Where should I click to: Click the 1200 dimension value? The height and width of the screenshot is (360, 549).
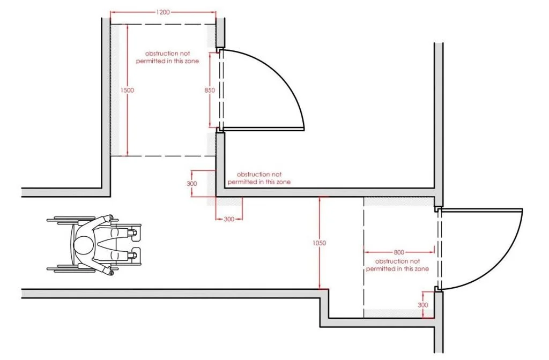[x=163, y=12]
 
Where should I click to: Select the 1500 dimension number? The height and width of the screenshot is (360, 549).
[x=127, y=90]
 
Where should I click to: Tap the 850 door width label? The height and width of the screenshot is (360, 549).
[x=210, y=90]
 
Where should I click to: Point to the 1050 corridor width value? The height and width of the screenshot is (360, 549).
[x=320, y=243]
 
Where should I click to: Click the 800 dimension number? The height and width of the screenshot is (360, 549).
[x=399, y=252]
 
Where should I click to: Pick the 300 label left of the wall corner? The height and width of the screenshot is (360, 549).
[x=192, y=184]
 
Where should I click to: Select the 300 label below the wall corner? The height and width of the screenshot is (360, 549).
[x=229, y=219]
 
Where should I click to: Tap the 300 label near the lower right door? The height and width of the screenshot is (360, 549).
[x=423, y=305]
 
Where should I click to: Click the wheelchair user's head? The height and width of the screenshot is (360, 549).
[x=83, y=245]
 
